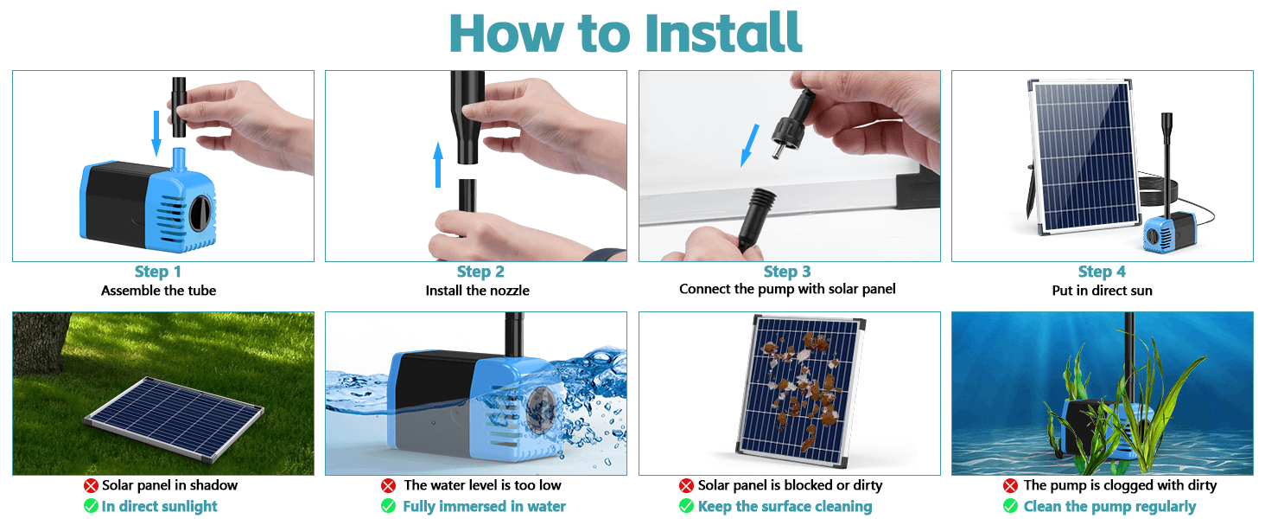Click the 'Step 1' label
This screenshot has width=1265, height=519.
158,272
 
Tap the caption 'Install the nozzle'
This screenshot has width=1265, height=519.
477,291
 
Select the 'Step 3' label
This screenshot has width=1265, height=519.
787,272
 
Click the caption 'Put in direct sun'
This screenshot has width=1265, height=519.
1102,291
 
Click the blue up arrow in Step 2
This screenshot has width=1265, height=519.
438,164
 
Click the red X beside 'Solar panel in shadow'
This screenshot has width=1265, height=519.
91,486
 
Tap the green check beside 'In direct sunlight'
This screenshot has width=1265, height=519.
91,506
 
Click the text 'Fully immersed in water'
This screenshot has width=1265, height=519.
484,506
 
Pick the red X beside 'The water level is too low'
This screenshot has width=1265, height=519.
389,486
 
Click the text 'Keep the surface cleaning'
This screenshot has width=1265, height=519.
785,506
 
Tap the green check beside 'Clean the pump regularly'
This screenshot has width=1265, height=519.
1010,506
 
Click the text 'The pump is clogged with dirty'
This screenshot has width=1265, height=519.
1120,486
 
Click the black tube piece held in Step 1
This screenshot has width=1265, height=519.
181,107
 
